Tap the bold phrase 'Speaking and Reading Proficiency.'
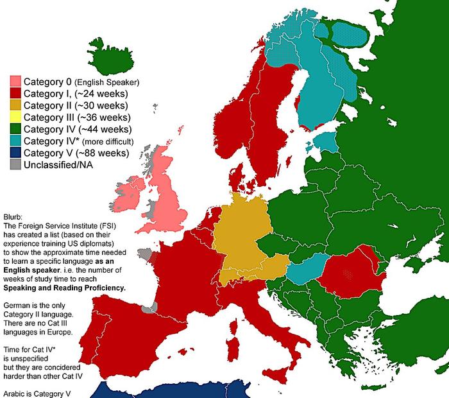click(x=64, y=288)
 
